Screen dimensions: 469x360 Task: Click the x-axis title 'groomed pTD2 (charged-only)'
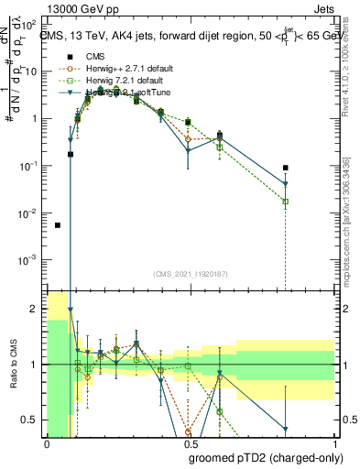[x=263, y=457]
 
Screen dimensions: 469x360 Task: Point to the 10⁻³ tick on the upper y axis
[x=31, y=260]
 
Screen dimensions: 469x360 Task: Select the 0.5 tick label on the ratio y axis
[x=33, y=420]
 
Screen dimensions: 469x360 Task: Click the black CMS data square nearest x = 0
[x=58, y=225]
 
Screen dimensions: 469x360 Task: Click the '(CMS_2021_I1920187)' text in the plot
[x=191, y=274]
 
